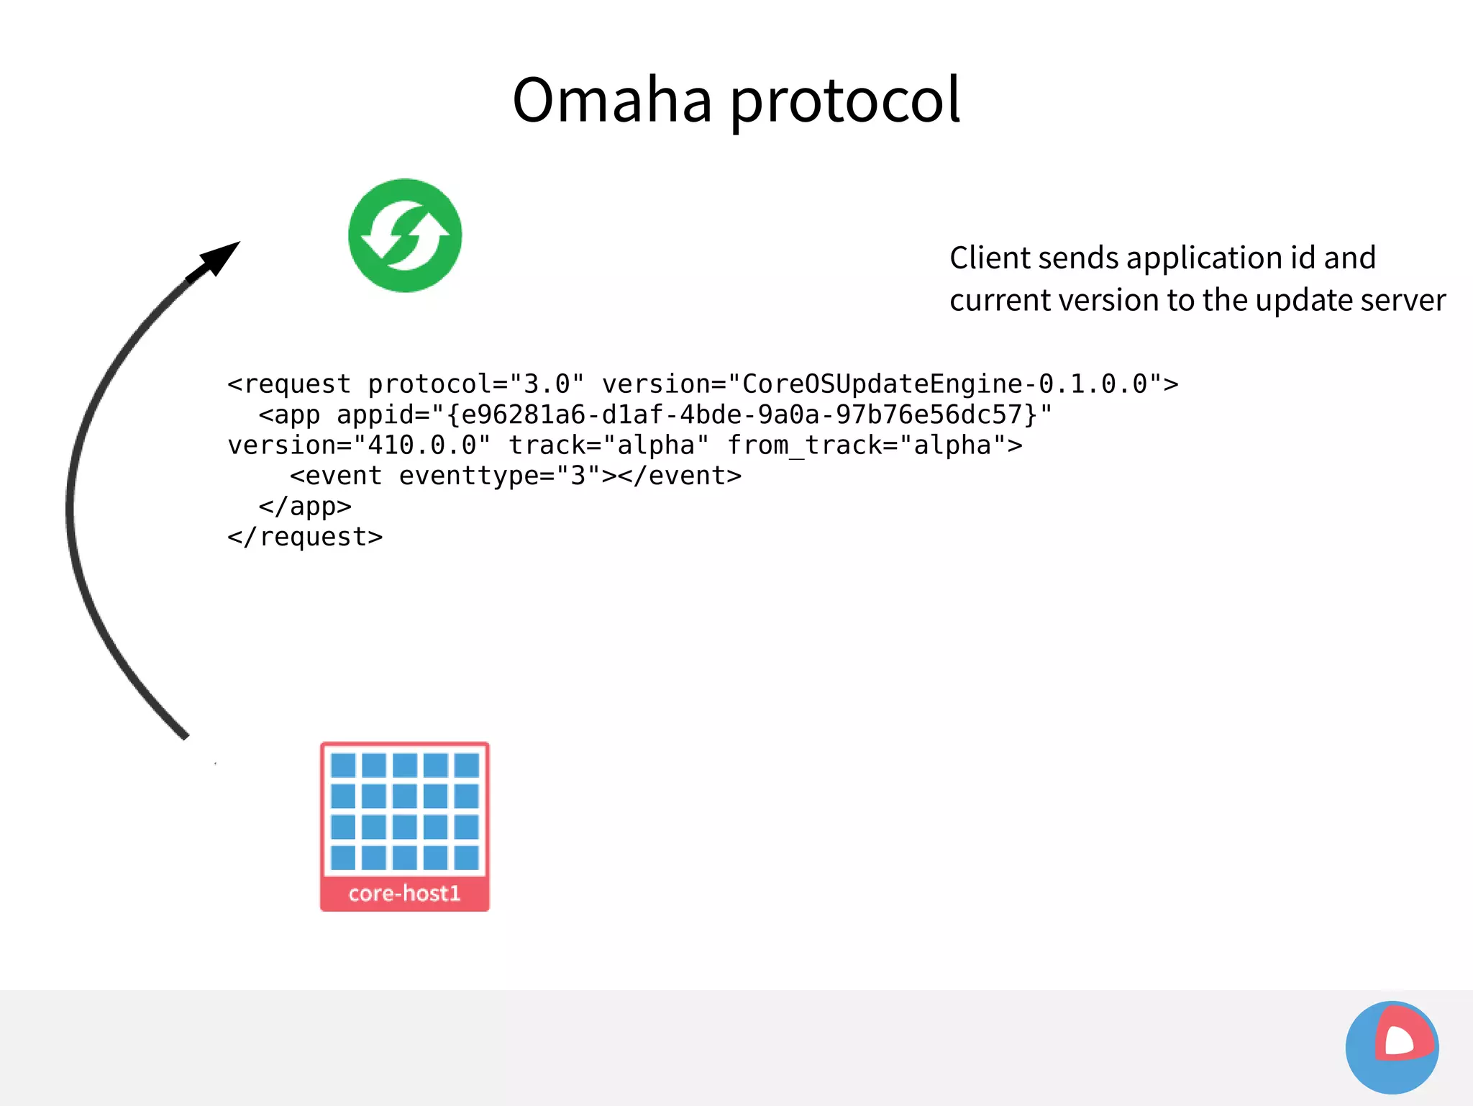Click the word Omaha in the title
click(x=611, y=101)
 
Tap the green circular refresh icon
click(x=405, y=235)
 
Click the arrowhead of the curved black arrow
click(x=219, y=258)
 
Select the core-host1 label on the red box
click(x=404, y=893)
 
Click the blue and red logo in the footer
click(x=1392, y=1047)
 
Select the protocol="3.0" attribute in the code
click(x=475, y=384)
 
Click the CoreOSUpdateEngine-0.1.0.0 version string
click(x=944, y=384)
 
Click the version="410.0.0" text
click(x=359, y=445)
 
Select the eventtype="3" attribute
click(x=499, y=476)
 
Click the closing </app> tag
click(x=305, y=507)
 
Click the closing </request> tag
click(x=305, y=537)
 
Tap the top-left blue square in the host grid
click(x=343, y=765)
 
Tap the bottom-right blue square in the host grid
click(x=467, y=858)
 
